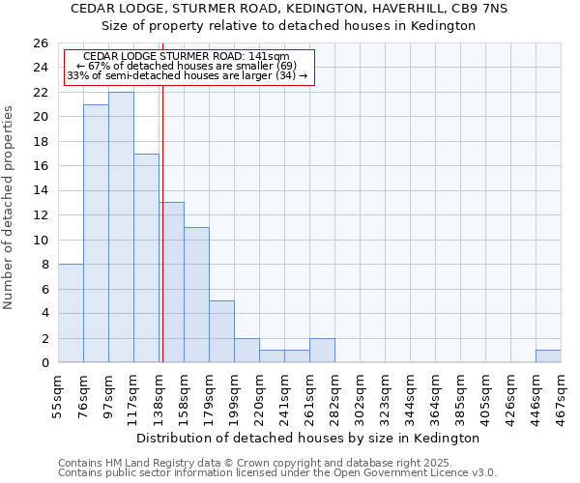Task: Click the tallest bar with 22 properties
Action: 121,228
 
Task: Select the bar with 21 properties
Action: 96,234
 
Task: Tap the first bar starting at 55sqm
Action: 71,313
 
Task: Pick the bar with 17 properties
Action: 146,258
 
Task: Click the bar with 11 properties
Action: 196,295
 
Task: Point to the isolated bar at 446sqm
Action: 548,356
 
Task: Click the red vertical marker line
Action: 162,241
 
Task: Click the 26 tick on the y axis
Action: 40,43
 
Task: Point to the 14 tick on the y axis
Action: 40,190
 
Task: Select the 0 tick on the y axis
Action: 43,362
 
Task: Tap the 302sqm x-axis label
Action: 360,396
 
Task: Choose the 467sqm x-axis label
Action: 561,396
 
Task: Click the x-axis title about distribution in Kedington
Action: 309,438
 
